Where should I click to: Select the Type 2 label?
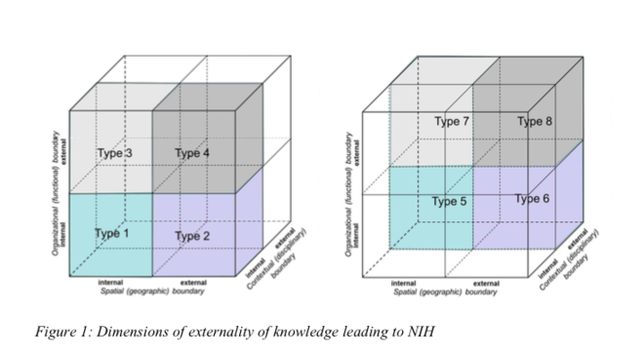193,236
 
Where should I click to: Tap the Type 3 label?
114,153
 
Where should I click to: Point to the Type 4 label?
192,153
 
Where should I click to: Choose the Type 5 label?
450,202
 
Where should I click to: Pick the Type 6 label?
533,199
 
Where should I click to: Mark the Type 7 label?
452,122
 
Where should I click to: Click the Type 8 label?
535,122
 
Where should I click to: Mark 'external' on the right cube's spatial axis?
485,283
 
